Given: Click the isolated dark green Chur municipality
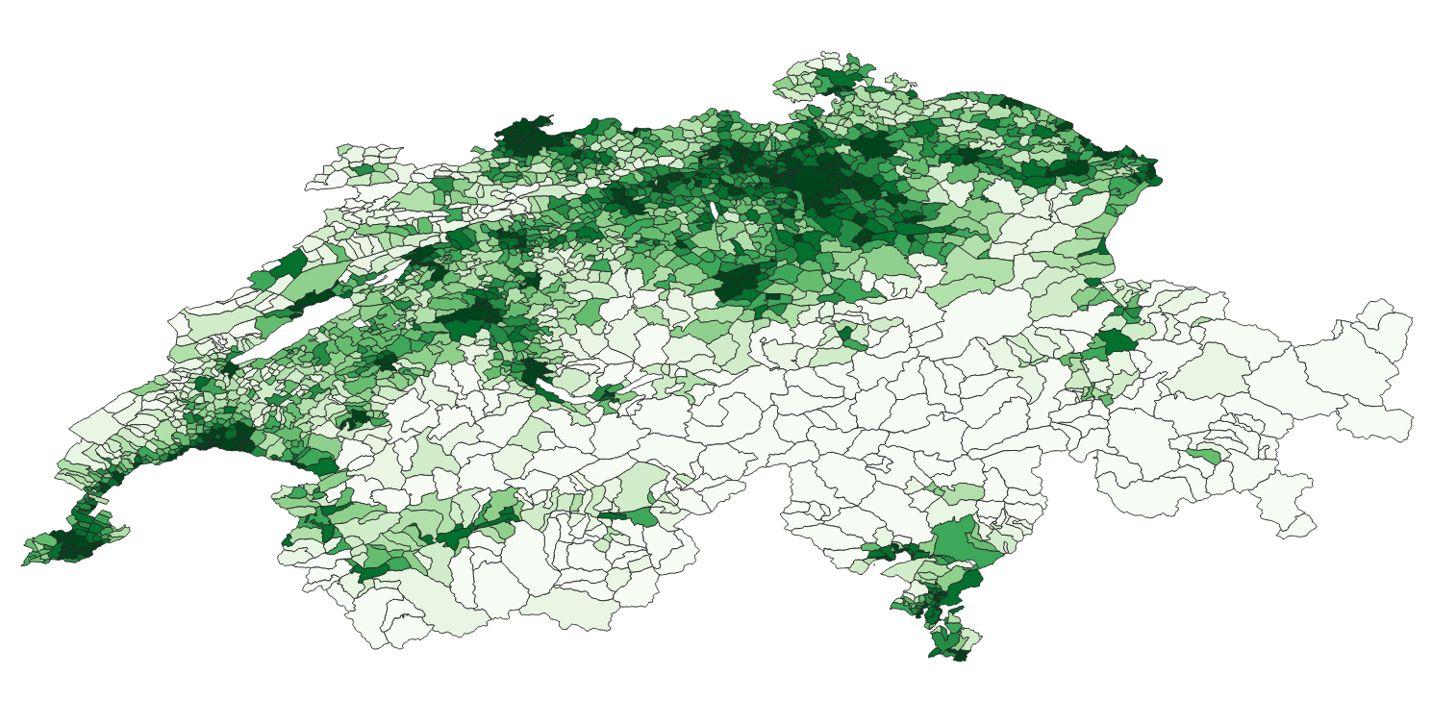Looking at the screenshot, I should coord(1115,341).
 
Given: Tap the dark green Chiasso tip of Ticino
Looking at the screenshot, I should coord(958,656).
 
